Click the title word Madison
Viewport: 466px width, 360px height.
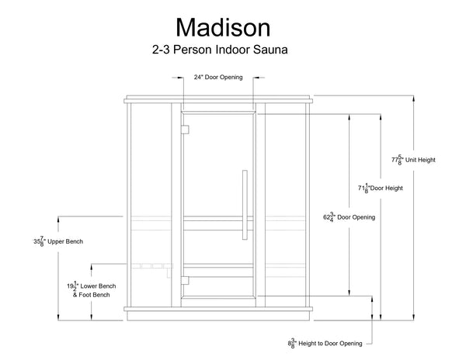point(223,27)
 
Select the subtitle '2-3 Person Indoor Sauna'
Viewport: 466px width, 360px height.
point(222,51)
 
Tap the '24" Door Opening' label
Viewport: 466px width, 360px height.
point(218,78)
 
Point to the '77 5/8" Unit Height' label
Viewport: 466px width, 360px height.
point(412,160)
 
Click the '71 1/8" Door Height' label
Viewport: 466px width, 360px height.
point(380,188)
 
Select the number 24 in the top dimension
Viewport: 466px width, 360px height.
point(197,78)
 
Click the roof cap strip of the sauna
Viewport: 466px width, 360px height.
point(219,99)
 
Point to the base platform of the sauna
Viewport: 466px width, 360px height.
point(219,314)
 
